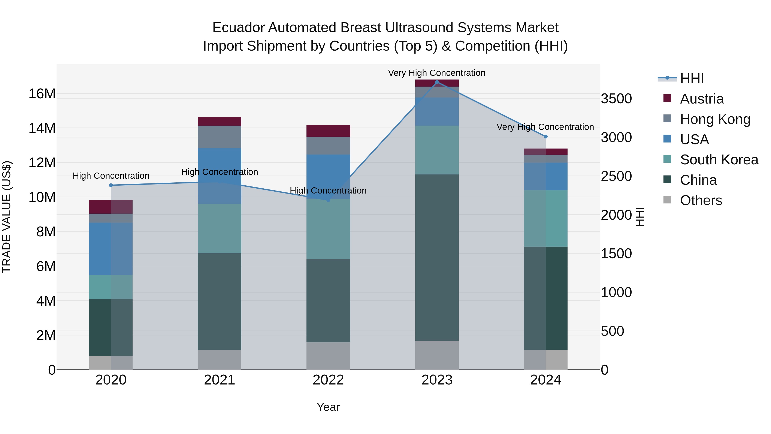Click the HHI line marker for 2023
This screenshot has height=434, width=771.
click(437, 82)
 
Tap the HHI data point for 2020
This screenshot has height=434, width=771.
click(111, 185)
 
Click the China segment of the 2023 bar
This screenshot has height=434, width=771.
click(437, 258)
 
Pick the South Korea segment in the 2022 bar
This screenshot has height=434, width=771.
click(328, 229)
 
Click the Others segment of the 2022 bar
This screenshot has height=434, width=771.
click(328, 356)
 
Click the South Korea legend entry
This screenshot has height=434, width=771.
click(719, 160)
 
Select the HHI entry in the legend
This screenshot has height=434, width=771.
click(691, 78)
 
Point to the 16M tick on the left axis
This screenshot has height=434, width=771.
click(42, 94)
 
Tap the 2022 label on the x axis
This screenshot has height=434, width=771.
click(328, 380)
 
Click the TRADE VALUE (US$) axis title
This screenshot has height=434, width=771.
click(7, 217)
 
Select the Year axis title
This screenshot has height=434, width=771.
click(328, 407)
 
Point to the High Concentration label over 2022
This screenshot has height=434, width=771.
click(328, 191)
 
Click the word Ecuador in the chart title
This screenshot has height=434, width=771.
click(238, 28)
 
